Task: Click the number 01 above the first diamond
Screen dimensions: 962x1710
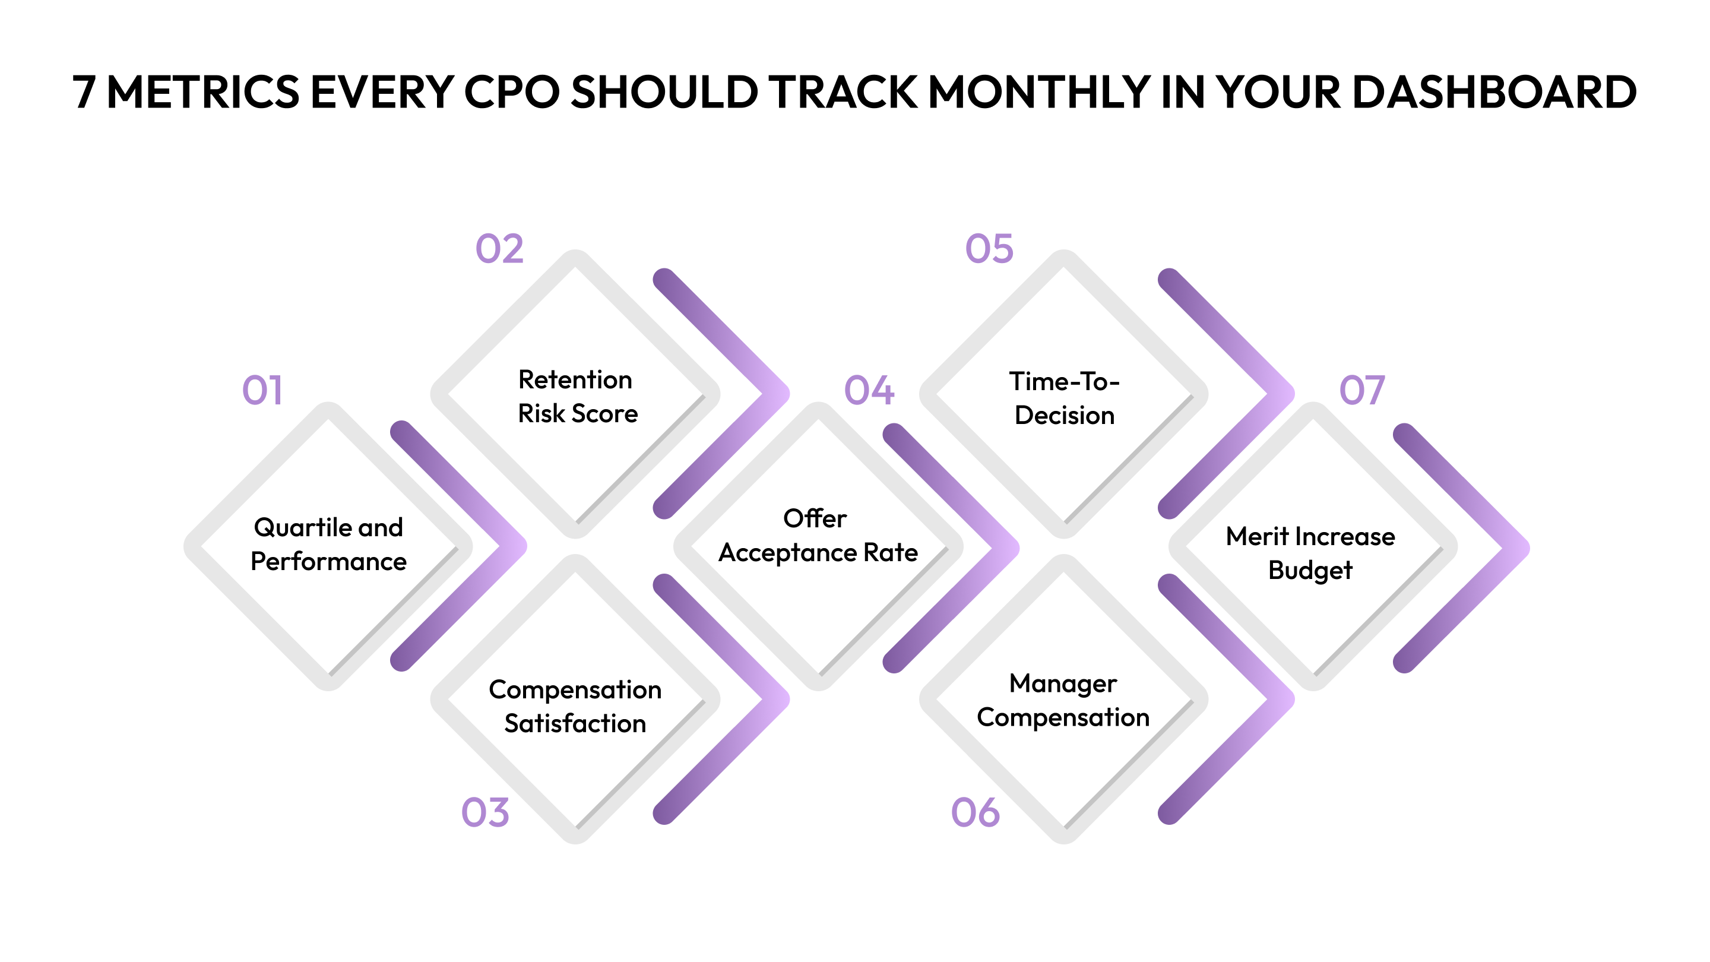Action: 262,390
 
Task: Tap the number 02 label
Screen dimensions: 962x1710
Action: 500,249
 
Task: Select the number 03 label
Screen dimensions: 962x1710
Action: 485,812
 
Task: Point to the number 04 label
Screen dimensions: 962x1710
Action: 869,390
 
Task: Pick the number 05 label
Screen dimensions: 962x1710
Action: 989,249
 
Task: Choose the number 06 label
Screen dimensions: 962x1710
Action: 975,812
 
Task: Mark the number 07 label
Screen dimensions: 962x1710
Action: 1362,390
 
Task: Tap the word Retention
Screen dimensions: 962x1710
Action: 575,381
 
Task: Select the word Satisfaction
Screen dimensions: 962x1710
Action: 575,724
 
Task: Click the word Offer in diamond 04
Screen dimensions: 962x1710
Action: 815,518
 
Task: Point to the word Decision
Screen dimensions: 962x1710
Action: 1064,416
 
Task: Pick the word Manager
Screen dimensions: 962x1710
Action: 1063,684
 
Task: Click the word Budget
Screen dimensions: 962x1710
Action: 1310,571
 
